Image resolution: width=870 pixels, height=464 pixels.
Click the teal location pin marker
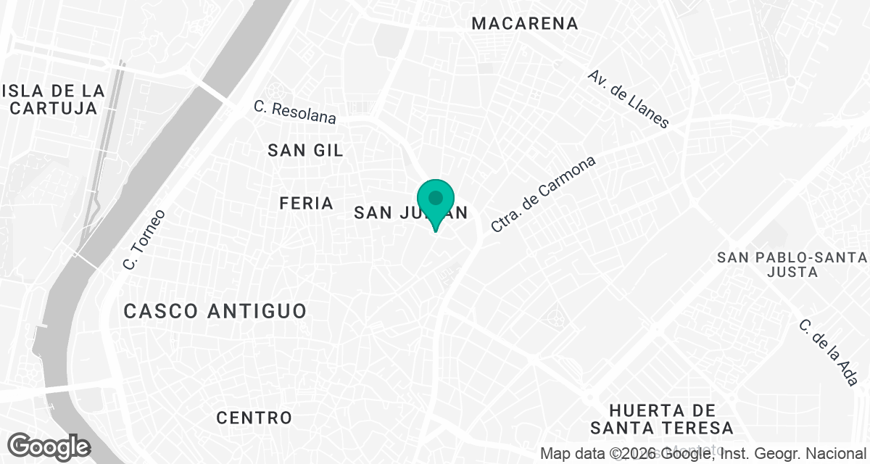[x=436, y=199]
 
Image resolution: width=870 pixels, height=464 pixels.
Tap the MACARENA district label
[x=525, y=23]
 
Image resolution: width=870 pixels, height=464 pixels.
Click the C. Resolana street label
[x=295, y=112]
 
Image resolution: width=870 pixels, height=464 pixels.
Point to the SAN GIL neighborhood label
[x=305, y=150]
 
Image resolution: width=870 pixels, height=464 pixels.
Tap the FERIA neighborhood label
[x=306, y=204]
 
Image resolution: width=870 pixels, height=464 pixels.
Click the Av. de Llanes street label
[x=628, y=99]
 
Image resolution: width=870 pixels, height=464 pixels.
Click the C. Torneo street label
[x=144, y=240]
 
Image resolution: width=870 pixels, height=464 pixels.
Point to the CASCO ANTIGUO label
[x=215, y=311]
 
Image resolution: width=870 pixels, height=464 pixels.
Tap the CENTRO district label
[x=254, y=418]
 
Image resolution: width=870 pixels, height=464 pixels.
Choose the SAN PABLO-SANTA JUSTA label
[x=791, y=265]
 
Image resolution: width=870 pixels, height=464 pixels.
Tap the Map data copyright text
[x=703, y=455]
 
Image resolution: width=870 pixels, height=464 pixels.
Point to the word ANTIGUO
[x=257, y=311]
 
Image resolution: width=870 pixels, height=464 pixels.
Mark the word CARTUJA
[x=54, y=109]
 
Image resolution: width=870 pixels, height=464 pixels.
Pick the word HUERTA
[x=652, y=410]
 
